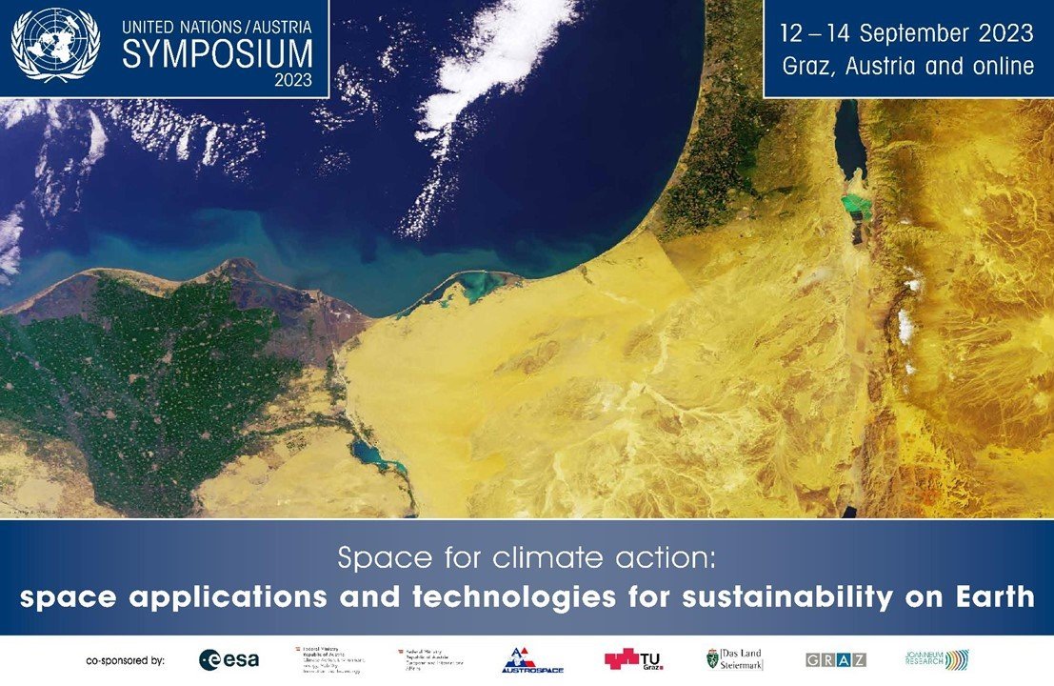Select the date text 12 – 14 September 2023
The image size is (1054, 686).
tap(905, 33)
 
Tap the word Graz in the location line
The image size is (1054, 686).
tap(807, 67)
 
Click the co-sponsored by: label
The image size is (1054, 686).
tap(126, 659)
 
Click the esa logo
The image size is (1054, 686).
tap(229, 659)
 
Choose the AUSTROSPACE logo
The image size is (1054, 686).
tap(532, 660)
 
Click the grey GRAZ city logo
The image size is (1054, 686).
tap(835, 659)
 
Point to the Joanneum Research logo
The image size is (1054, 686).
tap(937, 659)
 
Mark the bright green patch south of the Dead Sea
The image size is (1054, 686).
tap(858, 204)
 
